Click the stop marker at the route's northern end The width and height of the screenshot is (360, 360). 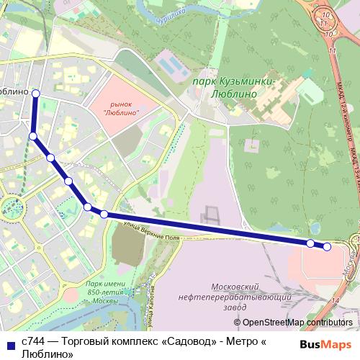[35, 94]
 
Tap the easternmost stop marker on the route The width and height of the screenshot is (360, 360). [327, 247]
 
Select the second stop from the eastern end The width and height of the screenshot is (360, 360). [310, 243]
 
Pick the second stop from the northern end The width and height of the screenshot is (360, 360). [32, 135]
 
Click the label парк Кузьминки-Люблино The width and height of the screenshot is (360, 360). [235, 87]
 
